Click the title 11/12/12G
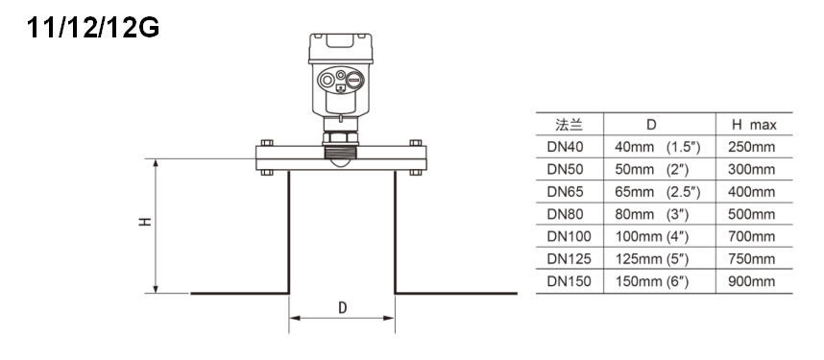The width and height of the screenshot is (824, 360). pos(93,27)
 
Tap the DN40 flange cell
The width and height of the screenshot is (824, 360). pos(565,147)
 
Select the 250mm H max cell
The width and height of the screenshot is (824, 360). pos(751,147)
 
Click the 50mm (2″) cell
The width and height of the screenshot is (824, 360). pos(652,170)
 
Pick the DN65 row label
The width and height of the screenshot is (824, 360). pos(565,192)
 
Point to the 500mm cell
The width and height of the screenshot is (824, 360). pos(751,214)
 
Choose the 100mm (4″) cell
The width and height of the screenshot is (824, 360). pos(652,237)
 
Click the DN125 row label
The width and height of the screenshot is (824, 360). pos(569,259)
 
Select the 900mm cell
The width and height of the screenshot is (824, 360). pos(751,281)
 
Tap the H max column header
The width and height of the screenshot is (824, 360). pos(754,125)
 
